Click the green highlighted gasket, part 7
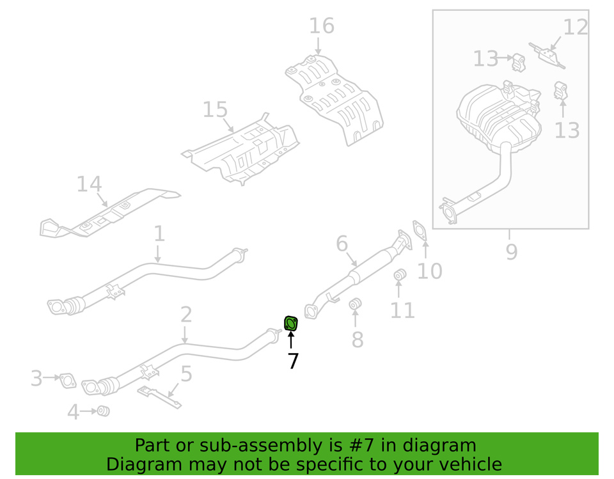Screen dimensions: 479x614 pos(290,324)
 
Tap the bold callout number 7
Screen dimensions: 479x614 pos(293,361)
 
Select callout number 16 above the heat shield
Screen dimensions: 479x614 pos(322,26)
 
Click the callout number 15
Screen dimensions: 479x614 pos(215,110)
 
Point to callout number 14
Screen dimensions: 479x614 pos(89,184)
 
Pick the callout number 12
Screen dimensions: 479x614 pos(575,27)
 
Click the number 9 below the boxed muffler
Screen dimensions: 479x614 pos(511,252)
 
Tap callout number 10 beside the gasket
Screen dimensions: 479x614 pos(430,271)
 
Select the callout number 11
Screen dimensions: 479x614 pos(402,310)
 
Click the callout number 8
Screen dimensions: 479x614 pos(357,340)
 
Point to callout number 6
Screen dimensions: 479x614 pos(342,244)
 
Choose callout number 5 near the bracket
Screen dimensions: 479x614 pos(186,374)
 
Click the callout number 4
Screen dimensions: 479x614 pos(74,412)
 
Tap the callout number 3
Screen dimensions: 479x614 pos(36,379)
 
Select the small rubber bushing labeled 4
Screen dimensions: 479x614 pos(102,411)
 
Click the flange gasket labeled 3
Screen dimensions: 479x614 pos(67,382)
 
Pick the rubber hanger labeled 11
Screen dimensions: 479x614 pos(400,276)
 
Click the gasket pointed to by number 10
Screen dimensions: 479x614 pos(420,229)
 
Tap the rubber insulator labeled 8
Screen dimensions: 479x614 pos(356,303)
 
